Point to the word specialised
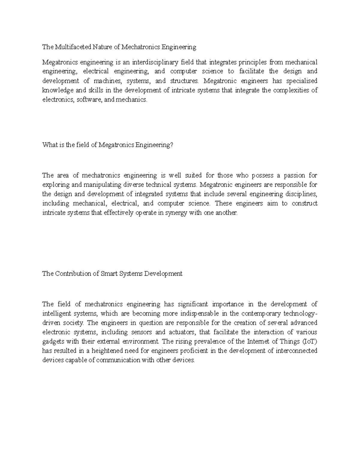pos(301,81)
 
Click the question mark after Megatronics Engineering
pos(172,145)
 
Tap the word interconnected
pos(296,351)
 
